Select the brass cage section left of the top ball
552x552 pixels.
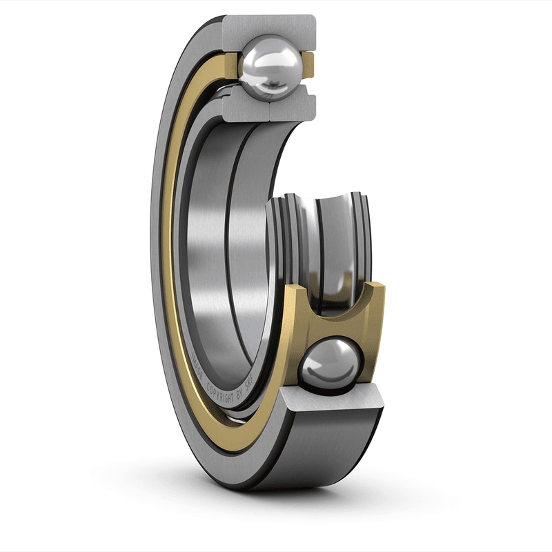[231, 62]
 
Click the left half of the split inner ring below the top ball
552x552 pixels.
[247, 105]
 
